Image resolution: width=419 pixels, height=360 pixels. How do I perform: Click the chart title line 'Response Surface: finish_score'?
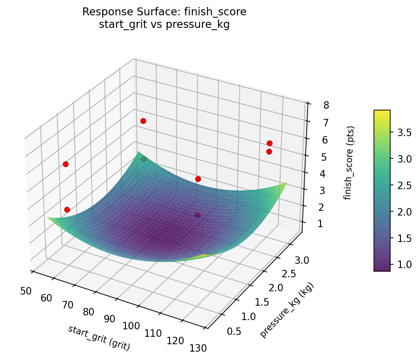pos(164,12)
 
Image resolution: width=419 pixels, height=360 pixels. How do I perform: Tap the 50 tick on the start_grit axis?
pos(26,291)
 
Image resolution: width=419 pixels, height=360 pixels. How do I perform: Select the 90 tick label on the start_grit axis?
pos(110,319)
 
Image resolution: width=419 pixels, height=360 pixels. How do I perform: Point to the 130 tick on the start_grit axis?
pos(197,347)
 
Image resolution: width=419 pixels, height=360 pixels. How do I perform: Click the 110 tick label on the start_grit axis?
pos(153,333)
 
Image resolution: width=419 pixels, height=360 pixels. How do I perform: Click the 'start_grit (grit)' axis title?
pos(99,338)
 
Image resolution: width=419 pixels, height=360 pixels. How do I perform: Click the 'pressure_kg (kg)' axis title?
pos(287,310)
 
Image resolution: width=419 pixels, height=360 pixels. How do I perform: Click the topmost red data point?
pos(143,121)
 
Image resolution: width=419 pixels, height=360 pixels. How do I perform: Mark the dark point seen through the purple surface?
pos(197,215)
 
